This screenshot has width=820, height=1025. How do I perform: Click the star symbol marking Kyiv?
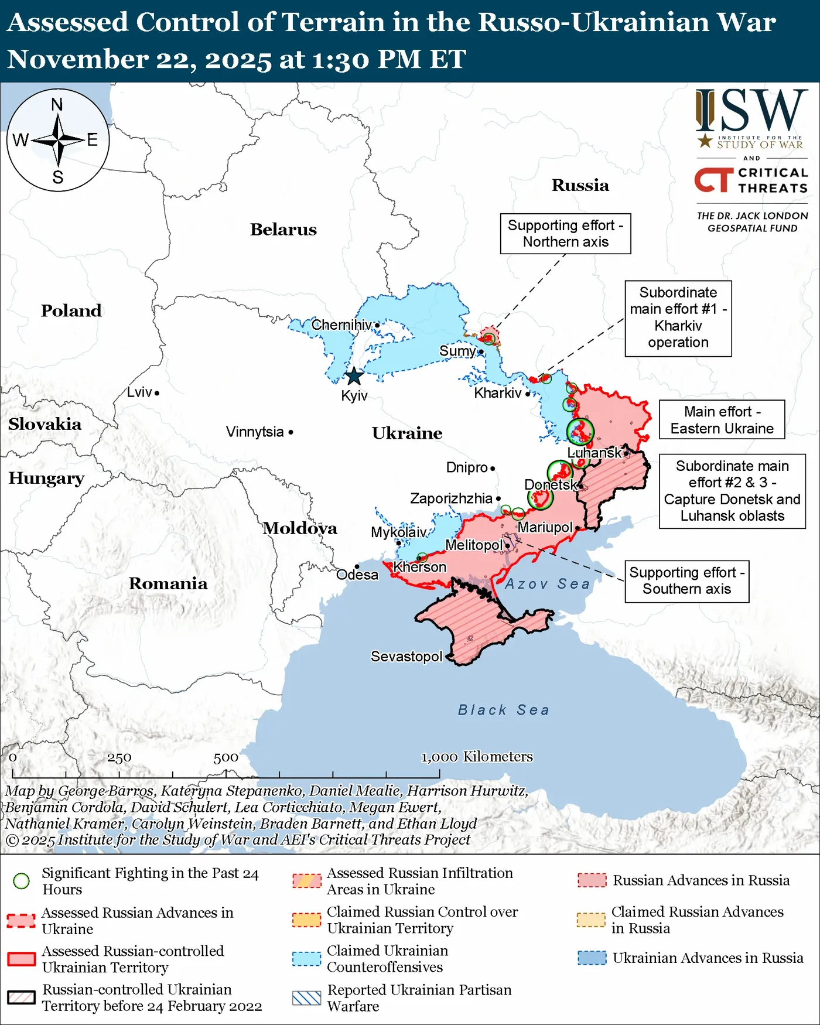click(x=354, y=376)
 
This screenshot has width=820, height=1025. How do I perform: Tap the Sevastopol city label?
click(x=406, y=657)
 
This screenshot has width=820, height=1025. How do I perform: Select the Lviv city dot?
click(x=157, y=393)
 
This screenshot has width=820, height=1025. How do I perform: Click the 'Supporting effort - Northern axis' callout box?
click(x=565, y=234)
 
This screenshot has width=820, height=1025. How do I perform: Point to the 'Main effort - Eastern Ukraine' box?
click(x=722, y=420)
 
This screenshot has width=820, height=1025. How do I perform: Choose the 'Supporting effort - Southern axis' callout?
click(x=686, y=580)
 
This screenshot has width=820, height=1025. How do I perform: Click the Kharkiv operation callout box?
click(x=678, y=318)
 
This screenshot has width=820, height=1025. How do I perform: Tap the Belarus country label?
click(x=283, y=230)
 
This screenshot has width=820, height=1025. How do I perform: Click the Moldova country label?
click(x=300, y=528)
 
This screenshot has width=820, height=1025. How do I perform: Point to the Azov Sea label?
click(x=547, y=584)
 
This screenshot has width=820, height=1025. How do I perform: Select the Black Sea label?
click(x=504, y=710)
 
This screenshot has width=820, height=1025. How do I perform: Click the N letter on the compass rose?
click(x=57, y=105)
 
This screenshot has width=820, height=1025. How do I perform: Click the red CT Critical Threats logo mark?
click(x=713, y=180)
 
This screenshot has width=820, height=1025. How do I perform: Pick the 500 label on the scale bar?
click(x=225, y=757)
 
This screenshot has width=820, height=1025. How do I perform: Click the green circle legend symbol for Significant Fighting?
click(x=22, y=881)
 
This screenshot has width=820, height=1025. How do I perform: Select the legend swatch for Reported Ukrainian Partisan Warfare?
click(x=306, y=998)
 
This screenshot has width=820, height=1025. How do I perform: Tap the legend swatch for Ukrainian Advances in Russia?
click(x=592, y=958)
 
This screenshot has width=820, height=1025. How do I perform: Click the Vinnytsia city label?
click(x=255, y=432)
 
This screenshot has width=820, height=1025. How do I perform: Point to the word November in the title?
click(x=73, y=59)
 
